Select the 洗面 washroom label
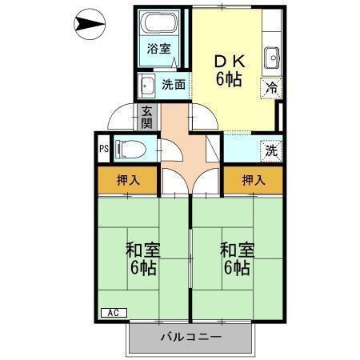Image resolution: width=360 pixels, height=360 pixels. pyautogui.click(x=174, y=83)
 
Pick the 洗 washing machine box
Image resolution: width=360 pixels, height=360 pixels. pyautogui.click(x=272, y=149)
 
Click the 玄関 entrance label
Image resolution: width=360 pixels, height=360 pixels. pyautogui.click(x=146, y=117)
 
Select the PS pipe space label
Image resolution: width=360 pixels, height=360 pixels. pyautogui.click(x=103, y=148)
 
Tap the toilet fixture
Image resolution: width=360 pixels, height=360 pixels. pyautogui.click(x=128, y=148)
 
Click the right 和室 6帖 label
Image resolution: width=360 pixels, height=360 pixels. pyautogui.click(x=236, y=258)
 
